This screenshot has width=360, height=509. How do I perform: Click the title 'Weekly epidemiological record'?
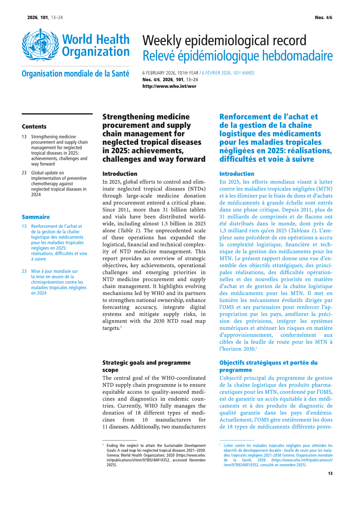(224, 41)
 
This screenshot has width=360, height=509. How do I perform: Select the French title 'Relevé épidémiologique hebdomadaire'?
(237, 56)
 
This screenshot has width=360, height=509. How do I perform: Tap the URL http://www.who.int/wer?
(169, 86)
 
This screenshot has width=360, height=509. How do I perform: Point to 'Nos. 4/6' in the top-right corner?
(324, 17)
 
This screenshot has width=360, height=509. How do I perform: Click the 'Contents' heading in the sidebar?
(34, 127)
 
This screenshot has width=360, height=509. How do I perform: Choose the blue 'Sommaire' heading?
(36, 217)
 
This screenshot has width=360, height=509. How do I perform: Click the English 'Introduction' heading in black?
(119, 174)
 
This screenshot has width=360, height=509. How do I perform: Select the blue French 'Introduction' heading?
(236, 174)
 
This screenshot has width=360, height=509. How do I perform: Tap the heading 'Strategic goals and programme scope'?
(146, 366)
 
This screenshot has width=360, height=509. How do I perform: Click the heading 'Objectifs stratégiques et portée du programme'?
(268, 366)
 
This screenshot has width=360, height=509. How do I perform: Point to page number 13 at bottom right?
(330, 473)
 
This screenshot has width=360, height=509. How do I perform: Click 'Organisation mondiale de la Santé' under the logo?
(75, 74)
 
